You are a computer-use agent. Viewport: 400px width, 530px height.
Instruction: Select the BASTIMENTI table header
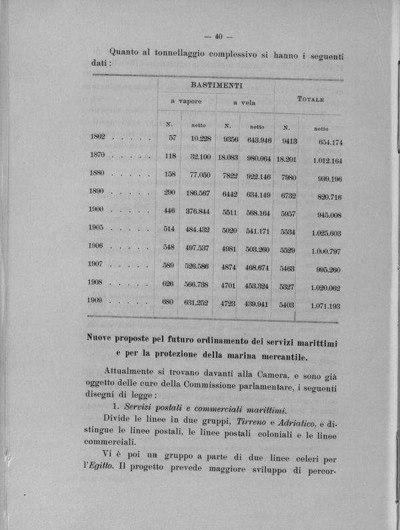(216, 86)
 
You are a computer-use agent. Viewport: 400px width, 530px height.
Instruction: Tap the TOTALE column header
(311, 99)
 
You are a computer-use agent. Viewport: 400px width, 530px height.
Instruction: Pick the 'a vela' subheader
(244, 103)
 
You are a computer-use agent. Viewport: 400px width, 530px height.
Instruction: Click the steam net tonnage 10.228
(201, 138)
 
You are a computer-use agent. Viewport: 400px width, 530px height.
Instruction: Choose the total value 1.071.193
(325, 306)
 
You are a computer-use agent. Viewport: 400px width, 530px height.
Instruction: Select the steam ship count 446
(169, 210)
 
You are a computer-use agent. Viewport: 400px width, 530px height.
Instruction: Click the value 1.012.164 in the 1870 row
(326, 161)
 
